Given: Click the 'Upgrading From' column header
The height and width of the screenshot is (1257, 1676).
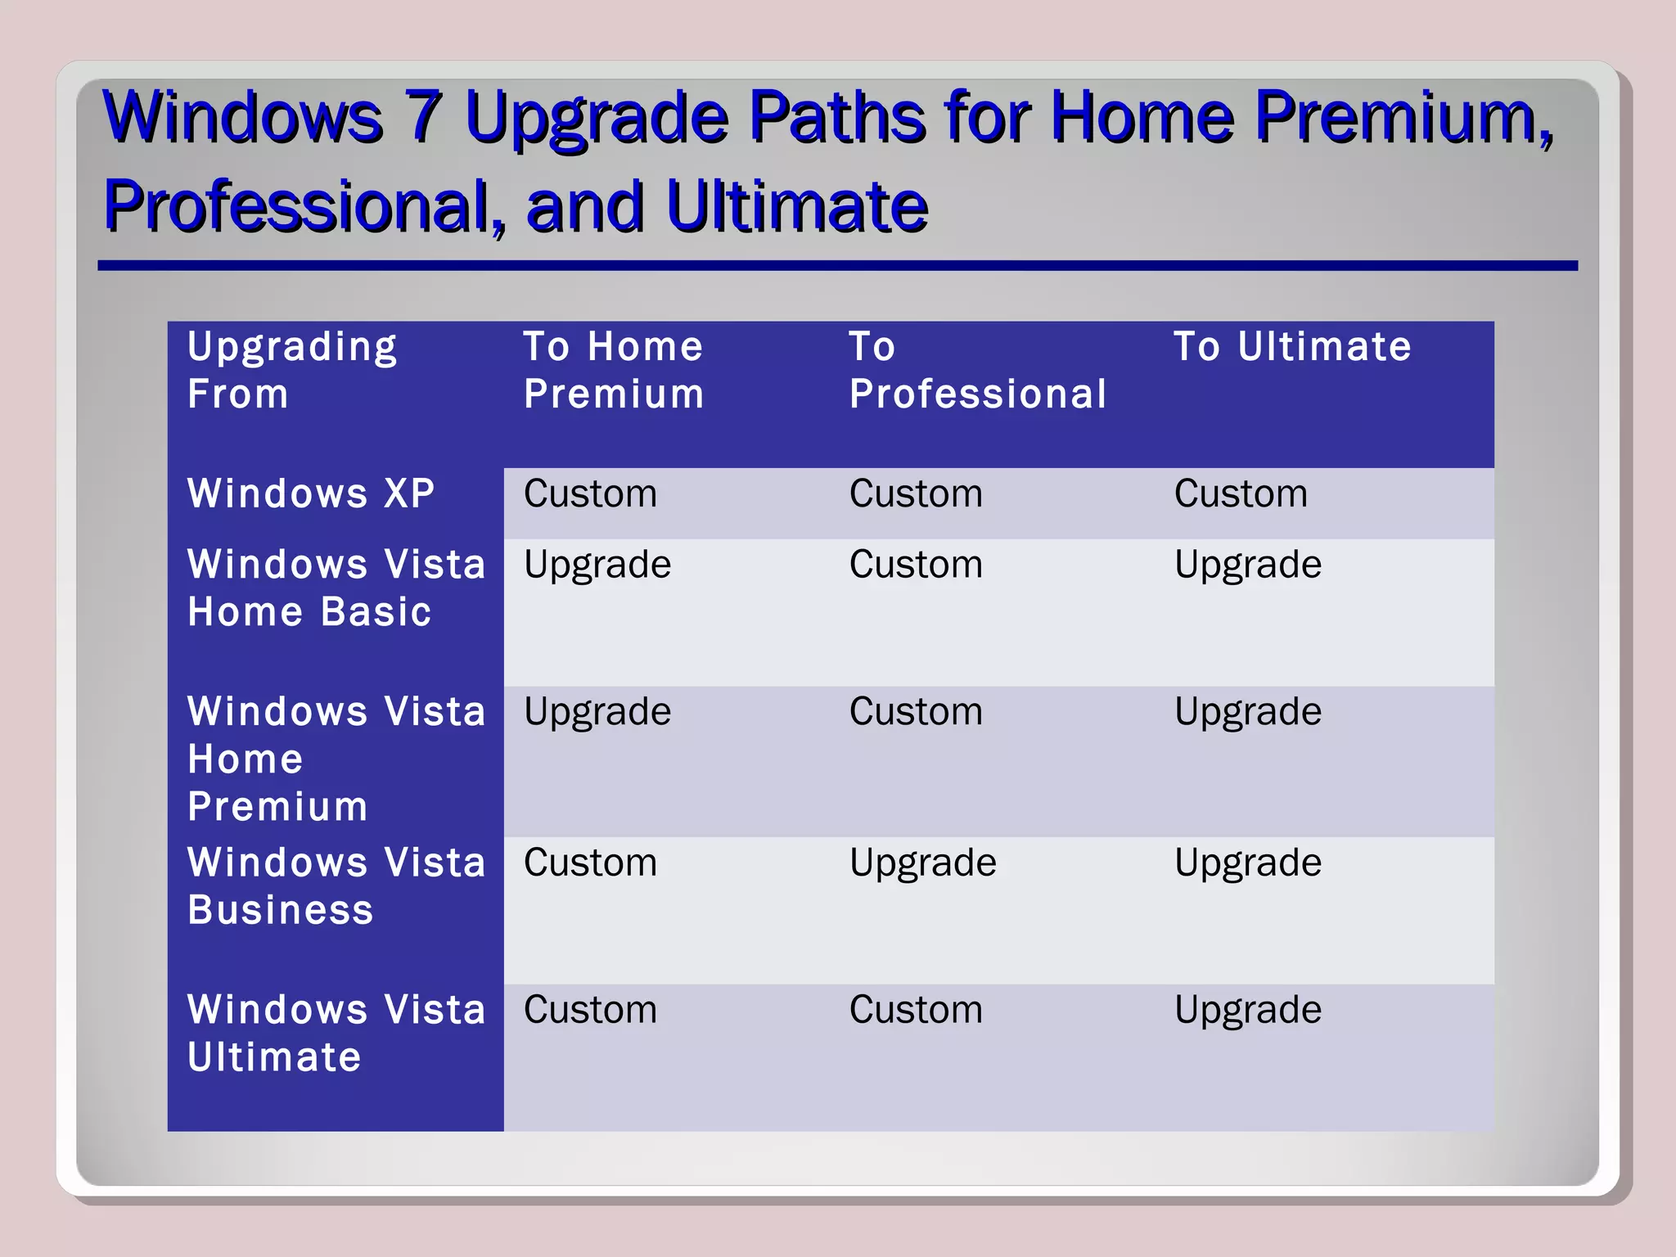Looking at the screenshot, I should (x=292, y=370).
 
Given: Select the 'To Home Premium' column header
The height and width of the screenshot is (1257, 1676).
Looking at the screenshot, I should (x=613, y=370).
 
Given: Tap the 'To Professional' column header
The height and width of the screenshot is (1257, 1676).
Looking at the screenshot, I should (x=977, y=370).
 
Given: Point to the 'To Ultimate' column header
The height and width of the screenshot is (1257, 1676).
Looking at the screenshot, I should (x=1292, y=347).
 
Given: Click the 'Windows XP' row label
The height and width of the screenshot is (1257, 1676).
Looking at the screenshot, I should (x=311, y=493).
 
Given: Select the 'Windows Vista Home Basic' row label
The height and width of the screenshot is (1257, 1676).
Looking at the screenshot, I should (x=336, y=588).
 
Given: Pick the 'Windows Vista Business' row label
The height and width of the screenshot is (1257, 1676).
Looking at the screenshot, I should (x=336, y=885).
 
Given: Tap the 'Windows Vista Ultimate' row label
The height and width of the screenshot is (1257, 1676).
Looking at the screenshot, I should (x=336, y=1033).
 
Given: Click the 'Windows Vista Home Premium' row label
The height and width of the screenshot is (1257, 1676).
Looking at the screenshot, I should (x=336, y=759).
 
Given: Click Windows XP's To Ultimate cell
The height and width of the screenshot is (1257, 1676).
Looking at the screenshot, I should (x=1241, y=493).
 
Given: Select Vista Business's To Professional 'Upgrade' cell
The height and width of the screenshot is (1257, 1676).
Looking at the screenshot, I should (x=922, y=863).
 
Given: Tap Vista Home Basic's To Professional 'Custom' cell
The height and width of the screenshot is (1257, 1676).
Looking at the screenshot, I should (x=915, y=565).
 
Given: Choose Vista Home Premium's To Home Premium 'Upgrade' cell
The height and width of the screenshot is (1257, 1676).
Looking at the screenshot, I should (x=597, y=712).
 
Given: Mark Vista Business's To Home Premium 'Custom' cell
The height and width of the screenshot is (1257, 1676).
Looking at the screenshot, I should (x=590, y=863).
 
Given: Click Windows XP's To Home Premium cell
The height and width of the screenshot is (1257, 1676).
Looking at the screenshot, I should (x=590, y=493).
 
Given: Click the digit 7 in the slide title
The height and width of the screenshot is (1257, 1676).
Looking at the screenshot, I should (x=425, y=116).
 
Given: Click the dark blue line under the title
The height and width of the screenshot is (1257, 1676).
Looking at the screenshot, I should (x=837, y=266).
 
